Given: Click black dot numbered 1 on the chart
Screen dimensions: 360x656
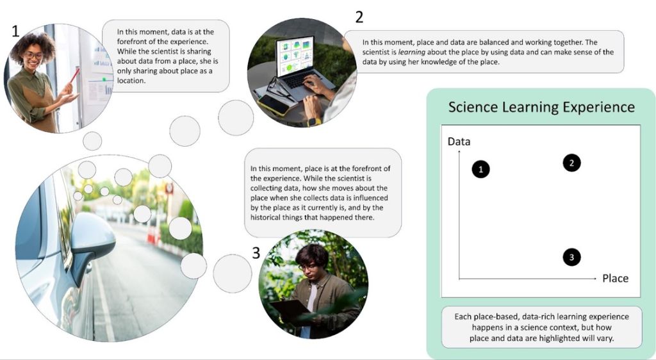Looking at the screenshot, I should click(x=480, y=169).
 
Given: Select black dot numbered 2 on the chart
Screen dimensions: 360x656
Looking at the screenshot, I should click(x=571, y=163).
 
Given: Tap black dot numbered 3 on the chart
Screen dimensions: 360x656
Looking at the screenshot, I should click(x=571, y=258).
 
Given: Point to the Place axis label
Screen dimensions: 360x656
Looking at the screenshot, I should click(x=615, y=279).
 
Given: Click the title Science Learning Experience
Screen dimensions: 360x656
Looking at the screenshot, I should click(x=541, y=107).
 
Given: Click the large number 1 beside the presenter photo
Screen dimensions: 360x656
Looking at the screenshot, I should click(x=15, y=31).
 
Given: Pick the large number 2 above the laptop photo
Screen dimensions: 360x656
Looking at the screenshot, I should click(x=359, y=17).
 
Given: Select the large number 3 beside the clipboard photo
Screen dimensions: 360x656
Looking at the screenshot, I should click(x=256, y=253).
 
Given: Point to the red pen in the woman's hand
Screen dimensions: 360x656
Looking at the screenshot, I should click(x=75, y=76).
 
